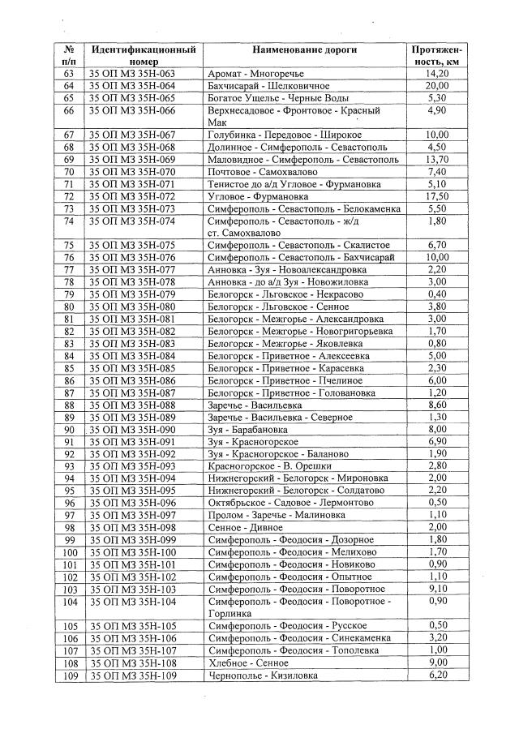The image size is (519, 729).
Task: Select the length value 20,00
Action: (436, 86)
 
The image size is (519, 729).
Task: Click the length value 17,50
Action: (436, 197)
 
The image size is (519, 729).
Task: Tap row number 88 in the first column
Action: (68, 405)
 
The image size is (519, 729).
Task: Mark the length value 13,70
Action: (436, 160)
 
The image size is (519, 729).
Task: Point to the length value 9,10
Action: (436, 589)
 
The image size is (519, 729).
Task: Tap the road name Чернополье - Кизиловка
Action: (263, 675)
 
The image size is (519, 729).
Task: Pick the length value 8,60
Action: (436, 405)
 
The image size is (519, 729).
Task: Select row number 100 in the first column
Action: (68, 552)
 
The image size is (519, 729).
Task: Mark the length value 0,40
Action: (436, 294)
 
